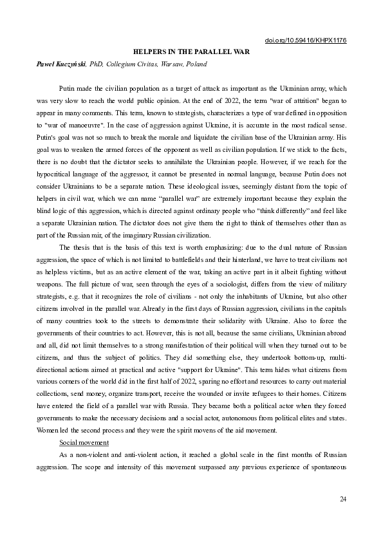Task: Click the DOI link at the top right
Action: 306,40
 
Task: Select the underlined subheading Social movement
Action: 84,443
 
